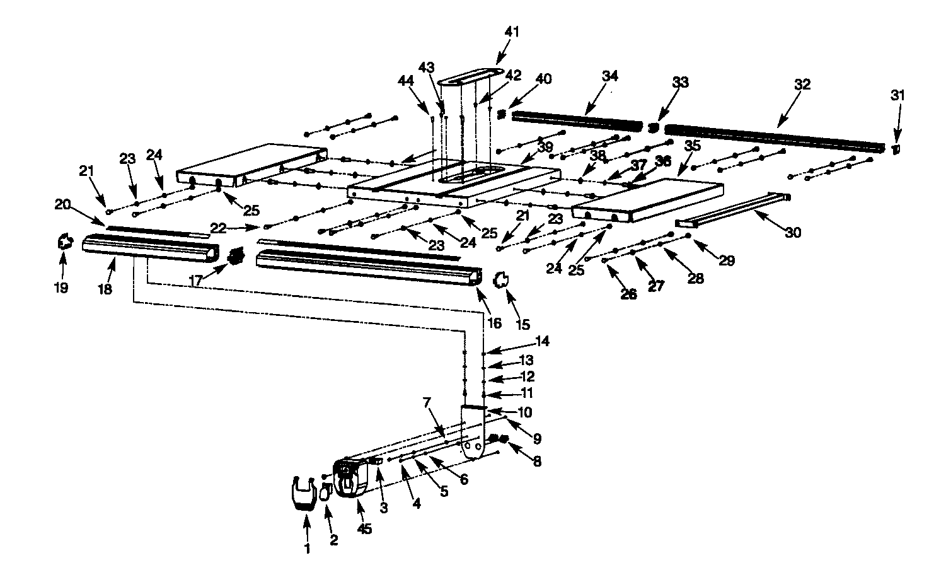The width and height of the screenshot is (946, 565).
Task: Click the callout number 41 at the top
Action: pos(511,32)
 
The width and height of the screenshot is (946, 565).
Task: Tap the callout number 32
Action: pos(802,84)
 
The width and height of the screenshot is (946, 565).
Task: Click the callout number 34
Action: pos(609,76)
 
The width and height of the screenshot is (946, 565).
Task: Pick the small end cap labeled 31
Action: pos(896,149)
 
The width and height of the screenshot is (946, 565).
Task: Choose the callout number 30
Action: pos(793,233)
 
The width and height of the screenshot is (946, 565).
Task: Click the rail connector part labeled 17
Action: pos(237,257)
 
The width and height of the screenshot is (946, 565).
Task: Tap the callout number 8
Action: pos(536,462)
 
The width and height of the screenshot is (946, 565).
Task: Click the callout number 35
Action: pos(692,145)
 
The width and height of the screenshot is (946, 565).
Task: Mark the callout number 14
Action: pos(543,341)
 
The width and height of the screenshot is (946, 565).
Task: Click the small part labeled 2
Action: pos(326,492)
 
